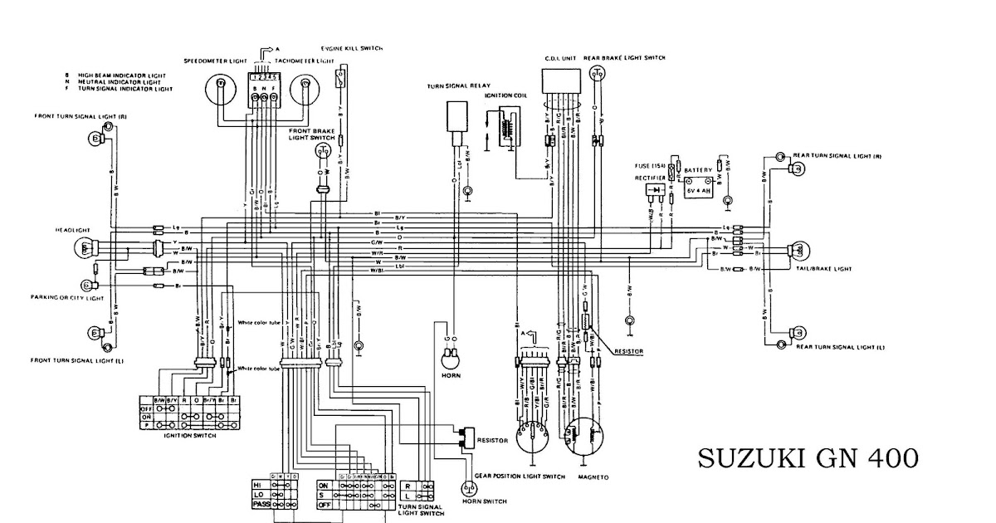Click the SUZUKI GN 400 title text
807,457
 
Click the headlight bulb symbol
87,247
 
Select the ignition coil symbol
505,132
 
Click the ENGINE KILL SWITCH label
352,49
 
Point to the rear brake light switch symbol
597,74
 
